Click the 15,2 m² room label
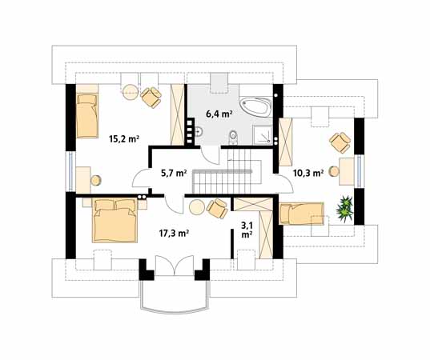tap(124, 139)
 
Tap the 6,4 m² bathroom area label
tap(219, 114)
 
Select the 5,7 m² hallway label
tap(174, 173)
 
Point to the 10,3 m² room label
tap(308, 173)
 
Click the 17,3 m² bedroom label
tap(174, 233)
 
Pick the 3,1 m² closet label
tap(247, 230)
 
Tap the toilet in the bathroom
tap(233, 136)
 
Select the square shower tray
tap(263, 134)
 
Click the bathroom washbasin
tap(199, 131)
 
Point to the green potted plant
tap(344, 209)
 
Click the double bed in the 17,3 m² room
tap(115, 221)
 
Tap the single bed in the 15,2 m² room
tap(87, 116)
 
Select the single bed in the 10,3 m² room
tap(301, 214)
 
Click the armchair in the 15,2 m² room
tap(151, 98)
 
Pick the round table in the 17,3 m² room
tap(197, 207)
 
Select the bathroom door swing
tap(211, 155)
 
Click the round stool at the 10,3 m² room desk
tap(334, 171)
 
